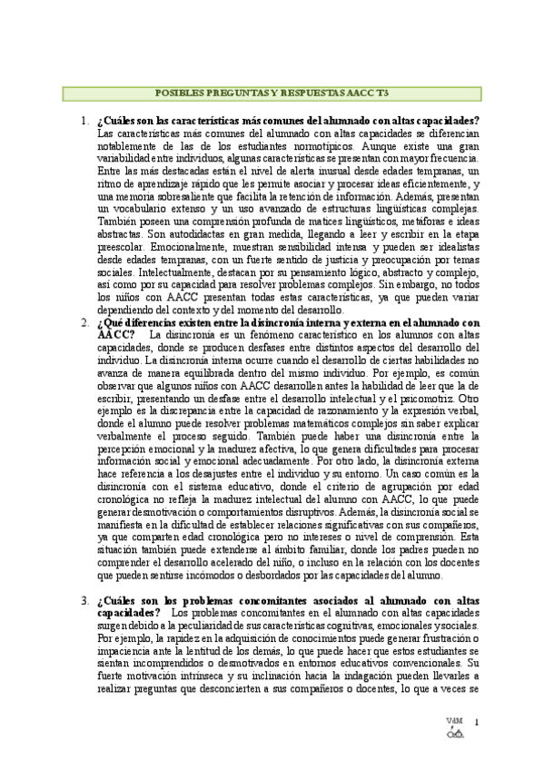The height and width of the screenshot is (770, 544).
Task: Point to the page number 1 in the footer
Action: point(477,723)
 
